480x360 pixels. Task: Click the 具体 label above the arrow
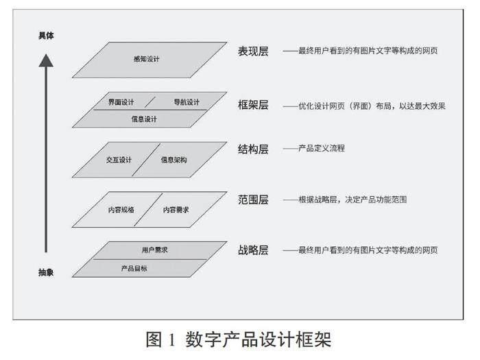46,35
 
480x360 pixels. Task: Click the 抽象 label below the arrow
46,273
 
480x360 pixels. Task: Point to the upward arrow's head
46,61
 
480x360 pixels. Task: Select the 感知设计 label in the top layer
146,59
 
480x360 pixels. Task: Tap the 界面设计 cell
121,103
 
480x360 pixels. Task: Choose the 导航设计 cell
185,103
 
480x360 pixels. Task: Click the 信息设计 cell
144,119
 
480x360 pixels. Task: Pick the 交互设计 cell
119,160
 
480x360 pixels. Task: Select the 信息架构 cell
173,160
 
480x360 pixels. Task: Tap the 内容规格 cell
121,210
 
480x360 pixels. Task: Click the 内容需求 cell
176,210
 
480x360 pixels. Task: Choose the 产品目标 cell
134,268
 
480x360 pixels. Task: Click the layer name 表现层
253,52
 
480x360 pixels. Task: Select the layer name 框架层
253,106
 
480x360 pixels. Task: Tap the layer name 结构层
253,149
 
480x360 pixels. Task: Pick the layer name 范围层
253,200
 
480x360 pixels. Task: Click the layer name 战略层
253,250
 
